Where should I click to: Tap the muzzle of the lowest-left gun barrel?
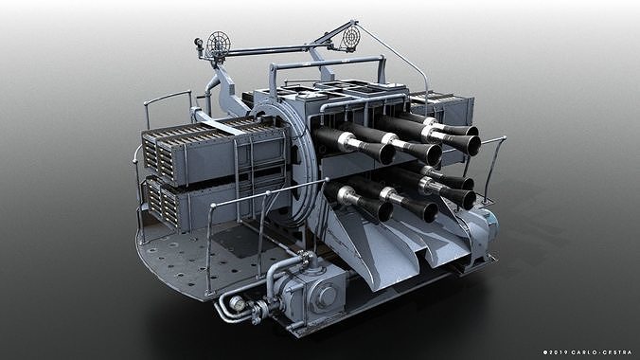376,210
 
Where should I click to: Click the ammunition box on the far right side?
431,107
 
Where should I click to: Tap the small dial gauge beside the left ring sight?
200,44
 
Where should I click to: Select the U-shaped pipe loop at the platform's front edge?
227,305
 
